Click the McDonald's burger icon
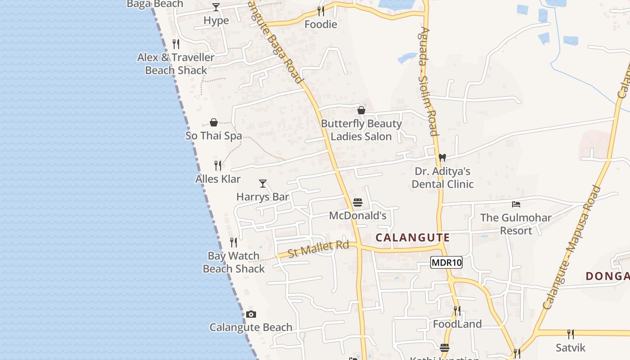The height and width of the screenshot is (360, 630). (x=358, y=202)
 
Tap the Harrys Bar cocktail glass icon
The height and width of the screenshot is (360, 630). (x=263, y=184)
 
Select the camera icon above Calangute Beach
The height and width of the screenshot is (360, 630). (x=251, y=314)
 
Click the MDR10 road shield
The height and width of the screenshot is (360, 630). (x=446, y=263)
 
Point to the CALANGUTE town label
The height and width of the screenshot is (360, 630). (x=413, y=238)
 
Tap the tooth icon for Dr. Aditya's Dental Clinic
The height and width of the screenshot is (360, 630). (x=442, y=158)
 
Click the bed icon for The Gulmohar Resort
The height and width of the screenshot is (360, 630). (x=516, y=204)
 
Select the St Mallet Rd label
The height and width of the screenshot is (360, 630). (x=318, y=249)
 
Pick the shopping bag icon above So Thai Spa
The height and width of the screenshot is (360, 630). (x=214, y=122)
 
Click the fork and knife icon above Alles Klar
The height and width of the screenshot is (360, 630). (x=218, y=166)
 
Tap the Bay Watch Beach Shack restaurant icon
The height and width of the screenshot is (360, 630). (x=234, y=243)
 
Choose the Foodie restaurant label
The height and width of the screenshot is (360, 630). (x=321, y=24)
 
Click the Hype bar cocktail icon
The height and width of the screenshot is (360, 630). (x=216, y=7)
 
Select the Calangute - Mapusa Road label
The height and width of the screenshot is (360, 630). (x=572, y=247)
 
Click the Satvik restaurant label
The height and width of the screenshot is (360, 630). (x=571, y=347)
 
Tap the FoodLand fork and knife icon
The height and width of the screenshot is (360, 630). (x=457, y=311)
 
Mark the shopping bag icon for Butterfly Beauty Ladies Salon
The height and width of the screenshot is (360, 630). (x=361, y=110)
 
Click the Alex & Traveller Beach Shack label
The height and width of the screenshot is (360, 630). (x=176, y=64)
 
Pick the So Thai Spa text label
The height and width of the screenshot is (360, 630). (x=214, y=136)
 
